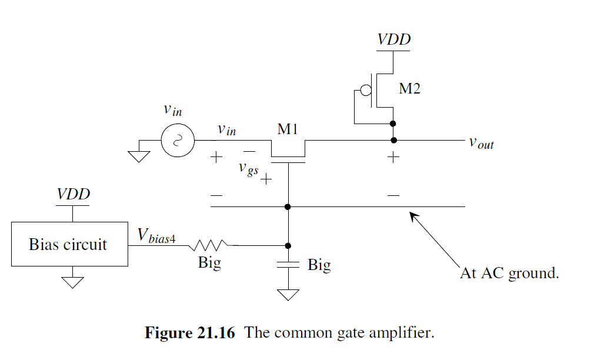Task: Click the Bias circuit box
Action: tap(69, 244)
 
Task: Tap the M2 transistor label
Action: tap(411, 89)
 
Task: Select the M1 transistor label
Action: tap(288, 129)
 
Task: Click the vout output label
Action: tap(481, 143)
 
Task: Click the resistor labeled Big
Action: tap(209, 245)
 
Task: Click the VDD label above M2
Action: tap(393, 40)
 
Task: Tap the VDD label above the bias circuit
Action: tap(73, 194)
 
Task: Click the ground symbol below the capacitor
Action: tap(288, 293)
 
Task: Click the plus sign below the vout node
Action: tap(393, 158)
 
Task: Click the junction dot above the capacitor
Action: tap(288, 245)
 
